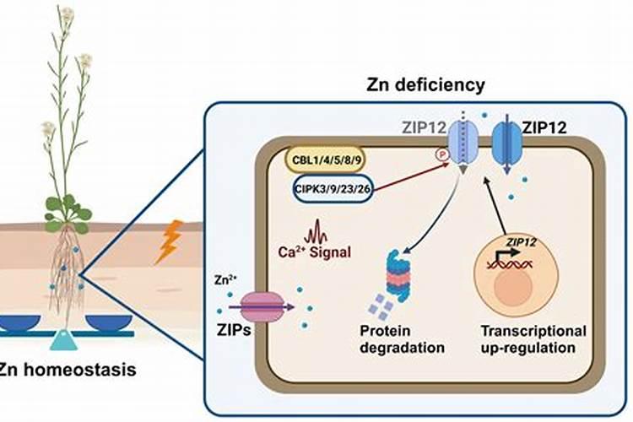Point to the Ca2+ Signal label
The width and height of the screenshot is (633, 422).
tap(314, 251)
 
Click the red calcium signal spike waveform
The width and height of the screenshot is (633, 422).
tap(317, 231)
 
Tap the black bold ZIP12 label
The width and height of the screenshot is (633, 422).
tap(544, 127)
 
